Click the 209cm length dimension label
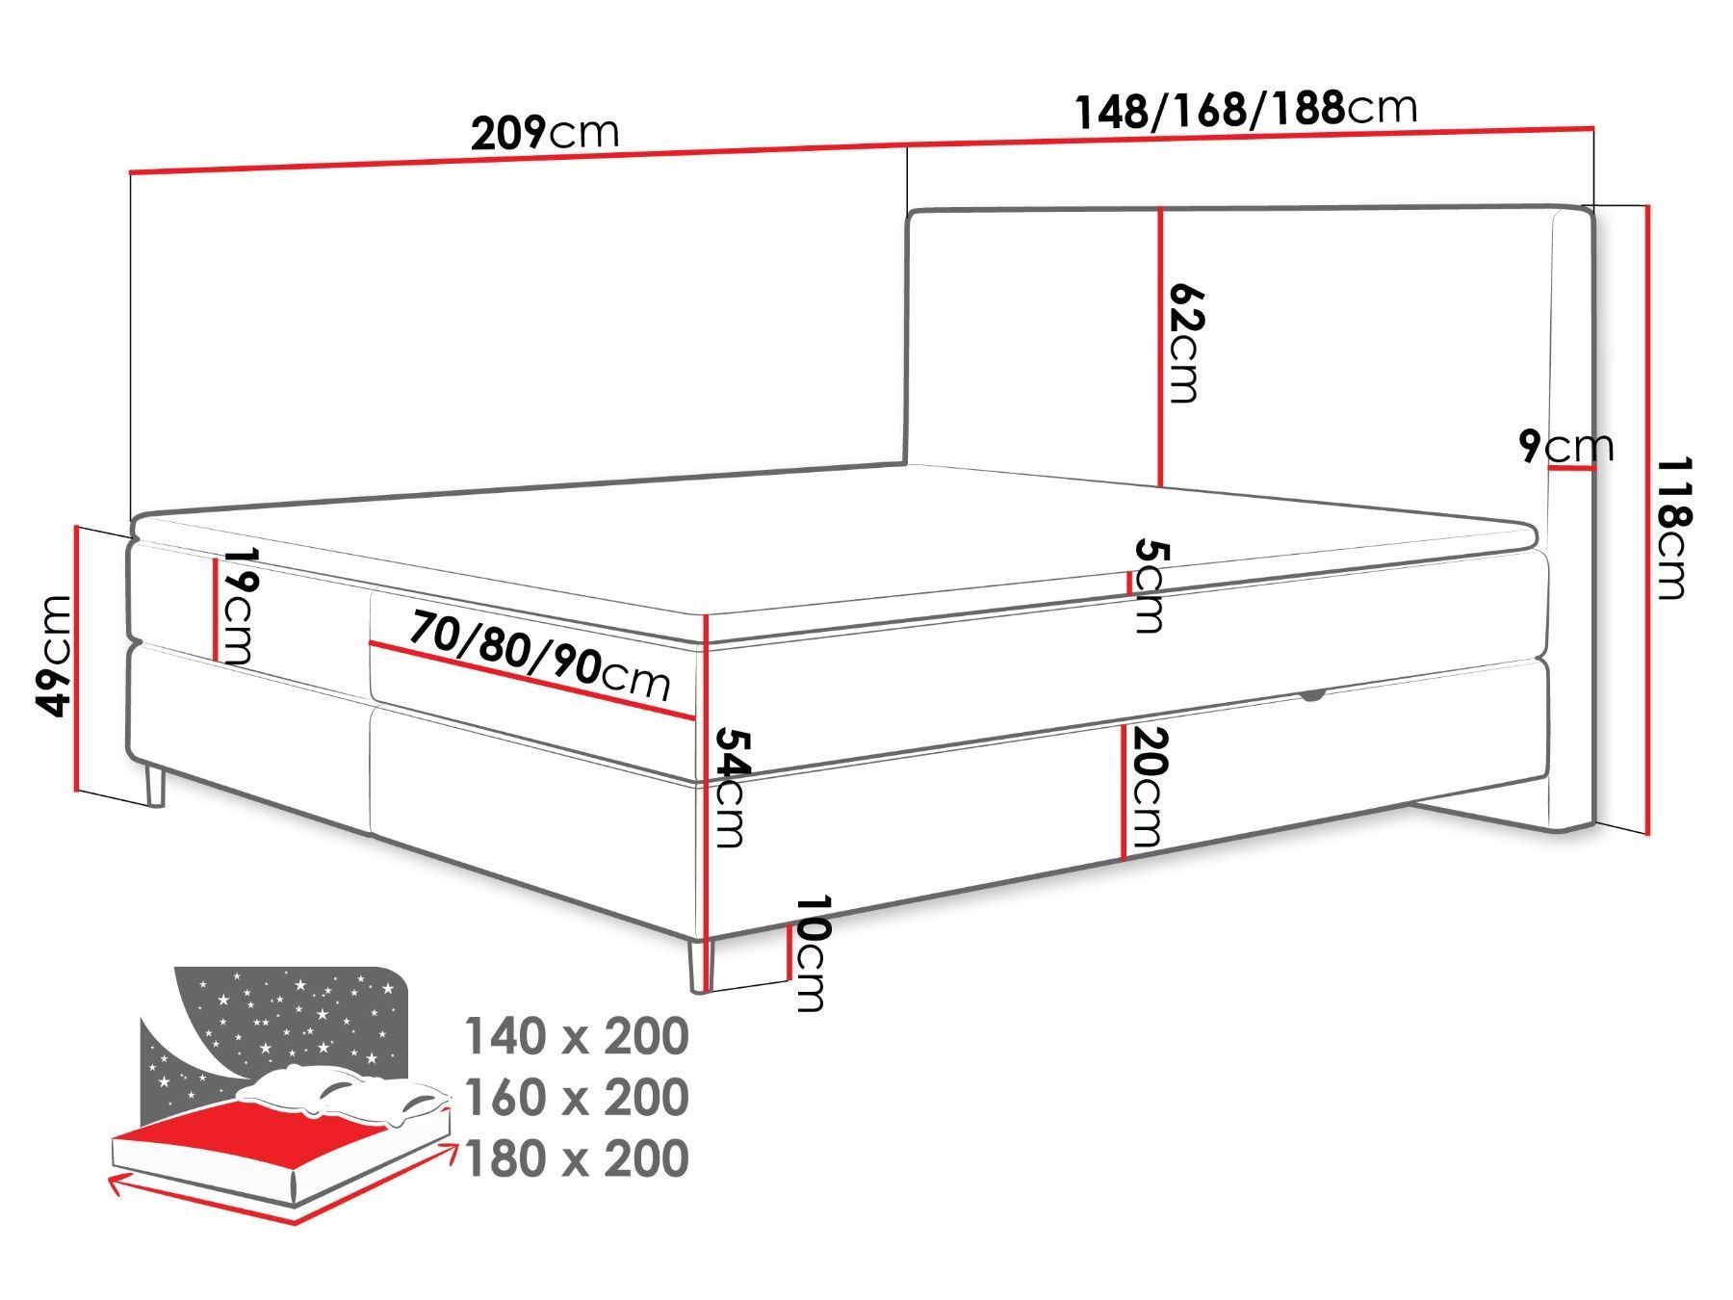[545, 133]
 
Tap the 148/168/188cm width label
[1246, 110]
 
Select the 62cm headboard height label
[1185, 343]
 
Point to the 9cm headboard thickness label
[1566, 446]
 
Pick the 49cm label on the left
[54, 656]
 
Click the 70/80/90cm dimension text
[539, 656]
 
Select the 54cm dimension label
[729, 787]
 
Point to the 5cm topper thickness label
[1150, 585]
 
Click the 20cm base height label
[1148, 787]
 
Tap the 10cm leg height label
[812, 953]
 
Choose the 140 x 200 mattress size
[577, 1036]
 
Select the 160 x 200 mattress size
[577, 1097]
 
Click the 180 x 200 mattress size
[577, 1157]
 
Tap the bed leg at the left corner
[154, 783]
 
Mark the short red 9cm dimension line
[1571, 469]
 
